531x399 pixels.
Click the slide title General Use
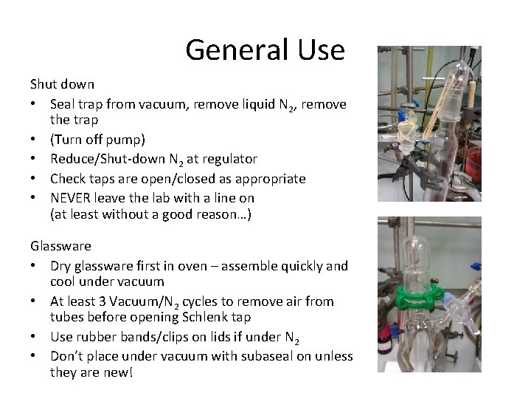265,50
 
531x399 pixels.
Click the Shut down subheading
62,84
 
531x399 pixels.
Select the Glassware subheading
60,245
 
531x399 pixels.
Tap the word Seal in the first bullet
63,104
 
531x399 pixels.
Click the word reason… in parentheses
221,215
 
